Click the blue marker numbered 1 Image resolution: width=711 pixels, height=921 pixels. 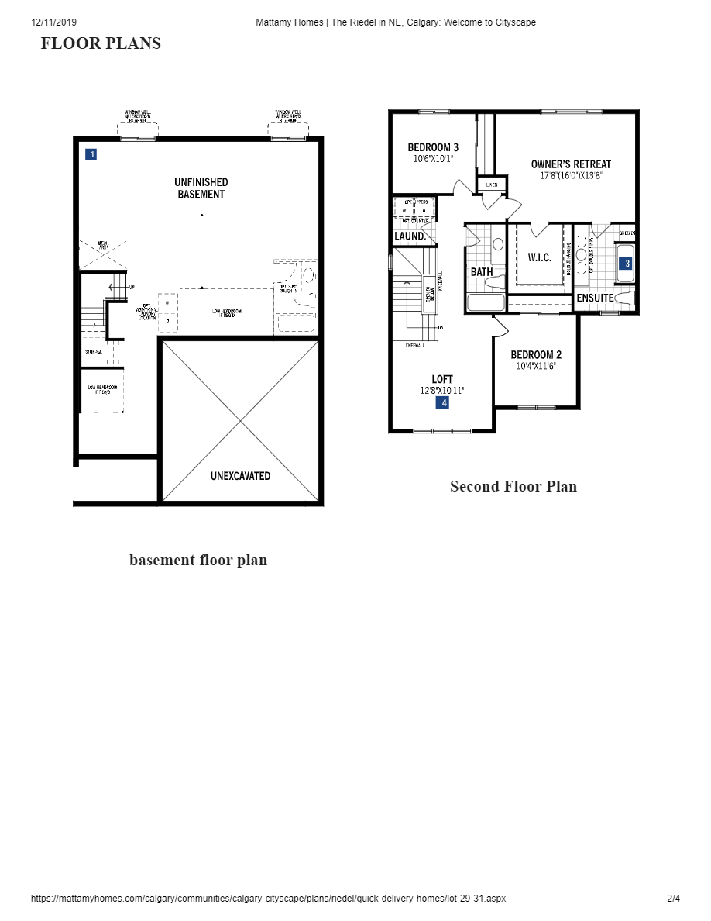click(x=91, y=154)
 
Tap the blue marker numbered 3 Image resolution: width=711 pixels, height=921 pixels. click(x=627, y=264)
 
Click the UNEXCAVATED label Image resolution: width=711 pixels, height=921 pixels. click(x=240, y=476)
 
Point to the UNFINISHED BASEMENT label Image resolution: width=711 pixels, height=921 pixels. click(x=201, y=188)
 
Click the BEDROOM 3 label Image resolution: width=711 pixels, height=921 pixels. click(x=433, y=147)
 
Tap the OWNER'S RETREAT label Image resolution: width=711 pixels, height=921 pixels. click(x=571, y=164)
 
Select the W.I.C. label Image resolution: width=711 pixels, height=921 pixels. click(x=540, y=257)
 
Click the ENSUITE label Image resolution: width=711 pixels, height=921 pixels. click(x=596, y=298)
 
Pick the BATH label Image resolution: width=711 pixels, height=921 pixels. click(x=482, y=272)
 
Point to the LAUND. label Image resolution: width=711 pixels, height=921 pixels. click(x=410, y=236)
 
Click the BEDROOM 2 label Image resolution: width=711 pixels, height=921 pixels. click(x=536, y=355)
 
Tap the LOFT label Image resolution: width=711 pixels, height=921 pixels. click(x=442, y=379)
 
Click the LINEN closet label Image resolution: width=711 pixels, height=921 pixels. click(x=492, y=185)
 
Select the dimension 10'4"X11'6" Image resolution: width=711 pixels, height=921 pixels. click(x=536, y=365)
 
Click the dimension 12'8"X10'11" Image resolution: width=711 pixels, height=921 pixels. click(x=442, y=391)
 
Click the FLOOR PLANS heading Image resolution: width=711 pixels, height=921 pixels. click(x=101, y=43)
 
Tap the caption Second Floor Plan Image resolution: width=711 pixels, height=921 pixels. click(x=513, y=487)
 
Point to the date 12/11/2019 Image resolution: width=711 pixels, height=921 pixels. click(x=54, y=22)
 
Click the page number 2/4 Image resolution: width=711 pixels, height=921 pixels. click(x=673, y=899)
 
